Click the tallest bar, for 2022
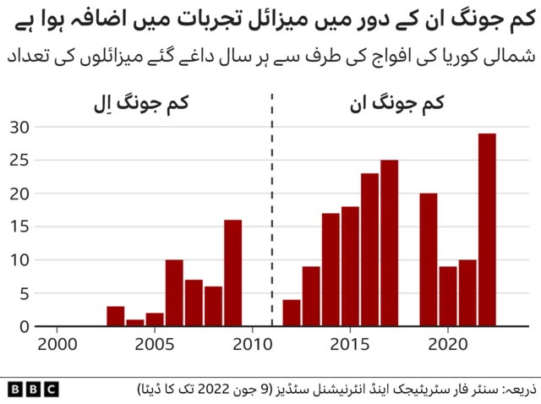click(x=486, y=230)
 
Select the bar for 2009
click(x=232, y=273)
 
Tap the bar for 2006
click(x=174, y=293)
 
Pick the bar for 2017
click(x=389, y=243)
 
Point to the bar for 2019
click(x=428, y=259)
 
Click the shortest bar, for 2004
click(x=135, y=323)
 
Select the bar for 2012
click(x=292, y=313)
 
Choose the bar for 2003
click(x=116, y=316)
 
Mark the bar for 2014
click(x=331, y=270)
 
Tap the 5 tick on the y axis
click(x=25, y=293)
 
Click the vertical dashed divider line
click(x=272, y=211)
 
